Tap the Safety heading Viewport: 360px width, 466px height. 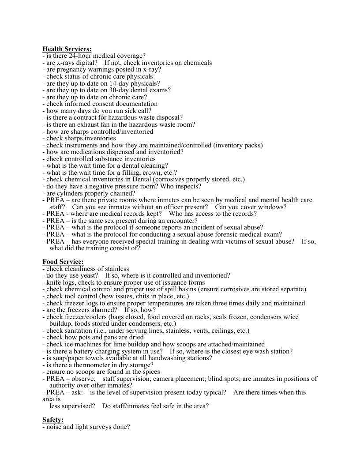click(x=53, y=420)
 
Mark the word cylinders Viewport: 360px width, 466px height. click(x=71, y=193)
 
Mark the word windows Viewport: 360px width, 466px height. click(x=273, y=207)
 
